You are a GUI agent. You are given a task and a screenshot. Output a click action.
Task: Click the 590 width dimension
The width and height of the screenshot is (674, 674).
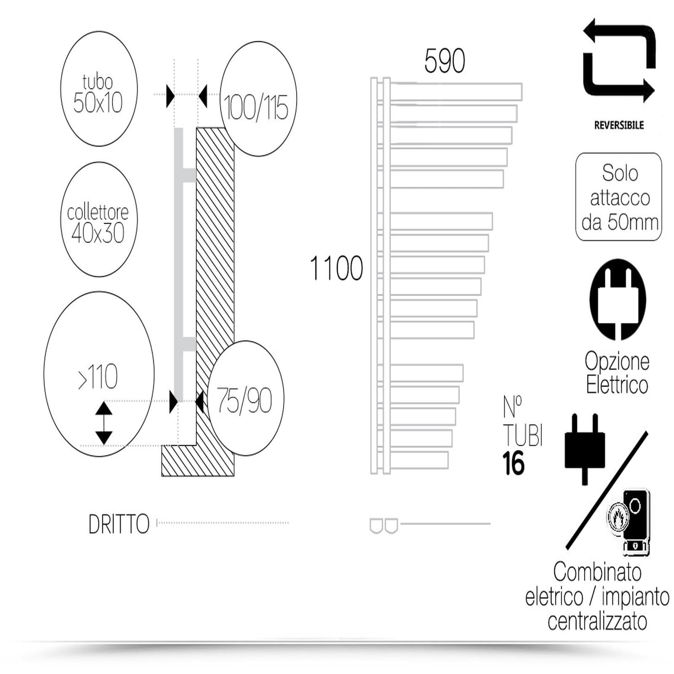444,61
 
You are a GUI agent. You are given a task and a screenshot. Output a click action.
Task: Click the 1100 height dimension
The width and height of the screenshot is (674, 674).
336,268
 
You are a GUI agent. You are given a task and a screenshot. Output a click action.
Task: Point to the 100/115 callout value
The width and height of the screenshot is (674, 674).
256,107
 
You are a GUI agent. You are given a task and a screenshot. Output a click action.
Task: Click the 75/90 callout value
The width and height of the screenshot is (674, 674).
244,400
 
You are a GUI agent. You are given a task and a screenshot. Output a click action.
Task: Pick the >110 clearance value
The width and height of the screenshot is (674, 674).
98,377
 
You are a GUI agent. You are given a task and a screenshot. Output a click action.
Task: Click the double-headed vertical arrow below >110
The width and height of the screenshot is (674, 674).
104,423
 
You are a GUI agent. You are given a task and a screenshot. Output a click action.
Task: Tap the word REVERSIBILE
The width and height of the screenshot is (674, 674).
619,125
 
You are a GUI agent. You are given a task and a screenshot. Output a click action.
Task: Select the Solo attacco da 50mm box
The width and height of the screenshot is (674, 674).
619,197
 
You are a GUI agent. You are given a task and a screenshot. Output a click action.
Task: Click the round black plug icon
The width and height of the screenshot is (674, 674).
618,300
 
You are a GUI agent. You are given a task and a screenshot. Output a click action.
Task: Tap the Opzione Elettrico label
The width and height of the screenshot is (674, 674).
617,373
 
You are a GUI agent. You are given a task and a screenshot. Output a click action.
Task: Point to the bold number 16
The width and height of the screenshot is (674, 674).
513,463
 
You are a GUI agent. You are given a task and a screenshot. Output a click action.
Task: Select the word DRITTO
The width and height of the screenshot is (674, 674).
119,524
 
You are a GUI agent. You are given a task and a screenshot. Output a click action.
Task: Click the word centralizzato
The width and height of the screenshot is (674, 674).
597,622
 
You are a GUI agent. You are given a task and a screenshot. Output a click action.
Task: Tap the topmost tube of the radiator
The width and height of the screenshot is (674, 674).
456,92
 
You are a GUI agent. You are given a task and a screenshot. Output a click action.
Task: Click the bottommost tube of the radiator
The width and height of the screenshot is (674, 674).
419,460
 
